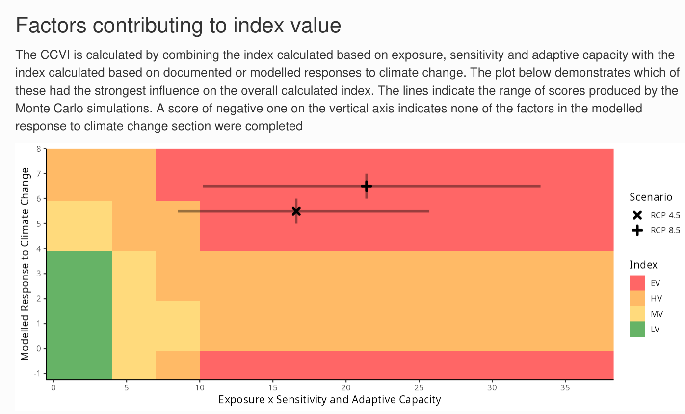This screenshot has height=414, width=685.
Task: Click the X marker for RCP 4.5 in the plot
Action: [296, 211]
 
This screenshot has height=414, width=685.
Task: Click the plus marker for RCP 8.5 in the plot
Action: [367, 186]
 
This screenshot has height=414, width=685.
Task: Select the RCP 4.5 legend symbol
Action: [637, 215]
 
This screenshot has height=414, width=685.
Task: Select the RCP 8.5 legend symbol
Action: [637, 230]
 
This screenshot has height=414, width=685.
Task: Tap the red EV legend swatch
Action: [637, 283]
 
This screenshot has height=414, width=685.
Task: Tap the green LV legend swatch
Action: [637, 329]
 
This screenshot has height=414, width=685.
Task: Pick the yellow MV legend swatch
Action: [637, 314]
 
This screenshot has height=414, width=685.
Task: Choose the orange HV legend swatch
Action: [637, 298]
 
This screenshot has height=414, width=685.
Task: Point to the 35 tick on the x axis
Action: [565, 387]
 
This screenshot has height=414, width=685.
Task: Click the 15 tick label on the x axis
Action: [273, 387]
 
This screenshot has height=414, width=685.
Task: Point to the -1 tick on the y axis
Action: [37, 373]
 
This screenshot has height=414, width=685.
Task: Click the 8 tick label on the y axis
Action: [39, 149]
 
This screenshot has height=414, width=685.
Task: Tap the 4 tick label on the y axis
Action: [39, 249]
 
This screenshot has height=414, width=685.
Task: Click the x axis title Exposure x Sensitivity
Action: [330, 400]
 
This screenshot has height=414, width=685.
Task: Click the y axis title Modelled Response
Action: [25, 264]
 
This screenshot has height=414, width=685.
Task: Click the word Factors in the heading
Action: [51, 25]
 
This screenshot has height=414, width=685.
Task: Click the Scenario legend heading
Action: [651, 197]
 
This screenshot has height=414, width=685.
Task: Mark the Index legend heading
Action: [643, 265]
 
